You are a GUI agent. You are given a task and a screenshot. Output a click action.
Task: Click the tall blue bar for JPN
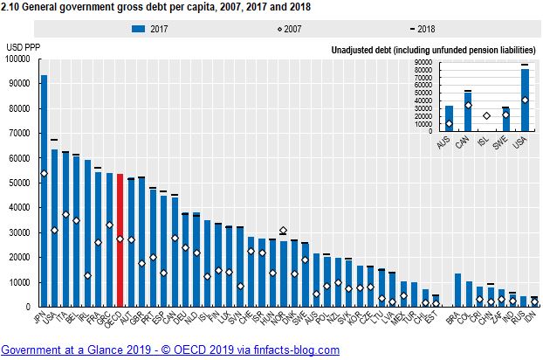point(44,192)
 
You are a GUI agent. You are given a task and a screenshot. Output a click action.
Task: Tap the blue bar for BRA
point(457,290)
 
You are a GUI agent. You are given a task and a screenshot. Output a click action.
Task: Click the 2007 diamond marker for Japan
point(44,173)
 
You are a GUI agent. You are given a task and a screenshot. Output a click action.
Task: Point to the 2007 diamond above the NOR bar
point(283,231)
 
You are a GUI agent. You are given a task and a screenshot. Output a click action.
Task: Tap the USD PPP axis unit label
point(24,46)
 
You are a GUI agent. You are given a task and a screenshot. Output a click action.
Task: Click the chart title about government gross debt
point(158,7)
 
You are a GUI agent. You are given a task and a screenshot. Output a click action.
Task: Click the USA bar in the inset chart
point(525,101)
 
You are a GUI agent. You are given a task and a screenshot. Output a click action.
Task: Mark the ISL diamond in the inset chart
point(486,115)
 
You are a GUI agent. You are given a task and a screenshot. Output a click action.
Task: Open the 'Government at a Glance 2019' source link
point(170,350)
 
